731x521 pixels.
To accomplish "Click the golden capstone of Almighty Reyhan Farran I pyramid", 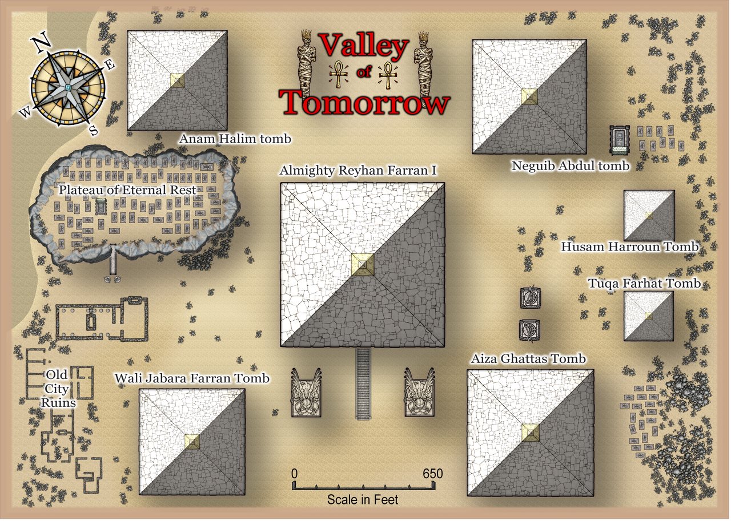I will point(363,265).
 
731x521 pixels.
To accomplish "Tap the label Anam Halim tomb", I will point(235,139).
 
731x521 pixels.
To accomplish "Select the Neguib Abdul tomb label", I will point(570,166).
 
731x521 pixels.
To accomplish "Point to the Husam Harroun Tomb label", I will point(629,247).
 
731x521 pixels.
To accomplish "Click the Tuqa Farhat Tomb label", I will point(644,284).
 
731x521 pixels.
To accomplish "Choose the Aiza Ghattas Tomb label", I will point(528,359).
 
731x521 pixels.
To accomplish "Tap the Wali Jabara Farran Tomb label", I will point(192,378).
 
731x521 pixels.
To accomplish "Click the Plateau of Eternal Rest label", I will point(127,190).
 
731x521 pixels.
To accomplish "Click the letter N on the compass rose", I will point(40,43).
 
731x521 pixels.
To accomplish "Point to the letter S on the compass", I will point(94,131).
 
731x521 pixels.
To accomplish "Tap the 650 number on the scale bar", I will point(432,474).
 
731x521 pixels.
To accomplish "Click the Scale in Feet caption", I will point(363,500).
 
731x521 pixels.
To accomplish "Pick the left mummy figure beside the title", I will point(307,65).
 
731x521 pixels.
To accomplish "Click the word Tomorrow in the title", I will point(365,103).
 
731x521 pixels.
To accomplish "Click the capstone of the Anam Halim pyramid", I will point(178,80).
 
